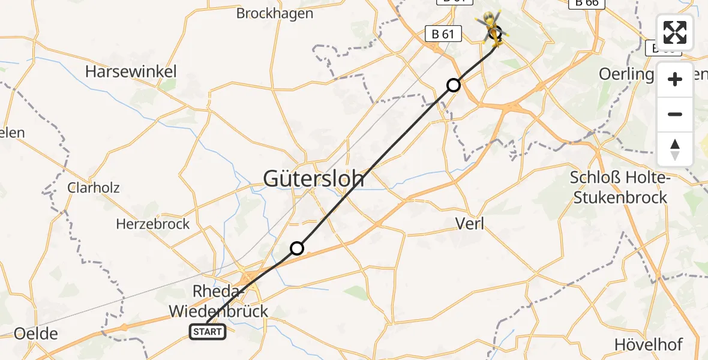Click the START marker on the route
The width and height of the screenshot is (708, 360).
pyautogui.click(x=208, y=331)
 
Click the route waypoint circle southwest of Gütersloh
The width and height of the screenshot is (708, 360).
pyautogui.click(x=297, y=248)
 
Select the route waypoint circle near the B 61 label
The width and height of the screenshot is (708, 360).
pyautogui.click(x=454, y=85)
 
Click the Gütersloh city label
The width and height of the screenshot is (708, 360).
pyautogui.click(x=314, y=178)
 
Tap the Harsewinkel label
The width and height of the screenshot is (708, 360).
pyautogui.click(x=131, y=72)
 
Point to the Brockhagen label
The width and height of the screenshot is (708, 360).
pyautogui.click(x=275, y=13)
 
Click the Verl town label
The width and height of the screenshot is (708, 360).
pyautogui.click(x=470, y=224)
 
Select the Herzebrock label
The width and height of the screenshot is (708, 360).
pyautogui.click(x=152, y=224)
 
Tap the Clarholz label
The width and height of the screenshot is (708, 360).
pyautogui.click(x=94, y=188)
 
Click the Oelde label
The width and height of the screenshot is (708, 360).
pyautogui.click(x=36, y=334)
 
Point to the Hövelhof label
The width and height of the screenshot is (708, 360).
pyautogui.click(x=648, y=344)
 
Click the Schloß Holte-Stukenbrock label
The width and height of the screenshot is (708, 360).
pyautogui.click(x=619, y=187)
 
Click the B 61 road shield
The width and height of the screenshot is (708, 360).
pyautogui.click(x=443, y=34)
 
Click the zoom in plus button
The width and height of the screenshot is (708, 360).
pyautogui.click(x=675, y=79)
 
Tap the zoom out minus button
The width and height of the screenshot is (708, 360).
pyautogui.click(x=675, y=114)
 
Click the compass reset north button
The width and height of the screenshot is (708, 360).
pyautogui.click(x=675, y=149)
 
